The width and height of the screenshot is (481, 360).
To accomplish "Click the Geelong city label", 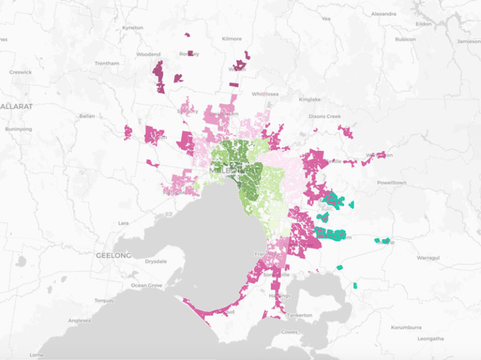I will [113, 255].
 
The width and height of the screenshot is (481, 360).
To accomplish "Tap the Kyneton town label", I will [133, 28].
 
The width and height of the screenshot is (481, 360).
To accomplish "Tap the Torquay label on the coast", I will [105, 300].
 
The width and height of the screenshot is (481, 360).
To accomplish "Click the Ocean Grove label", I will [146, 285].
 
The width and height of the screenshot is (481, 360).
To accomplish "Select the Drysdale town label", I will [156, 261].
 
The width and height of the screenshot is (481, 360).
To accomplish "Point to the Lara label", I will [123, 223].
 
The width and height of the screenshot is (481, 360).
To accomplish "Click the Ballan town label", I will [87, 116].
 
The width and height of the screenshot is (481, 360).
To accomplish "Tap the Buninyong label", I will [18, 129].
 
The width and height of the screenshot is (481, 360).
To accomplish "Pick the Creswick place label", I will [20, 72].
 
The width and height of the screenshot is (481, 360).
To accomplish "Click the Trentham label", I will [106, 63].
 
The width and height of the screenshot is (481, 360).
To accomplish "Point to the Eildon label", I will [424, 23].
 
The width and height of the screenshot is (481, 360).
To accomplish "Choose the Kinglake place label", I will [309, 99].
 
